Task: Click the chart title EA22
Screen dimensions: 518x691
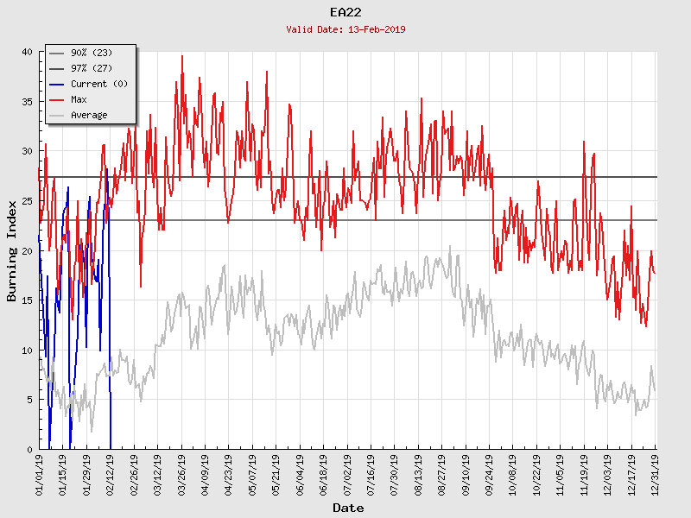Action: coord(345,12)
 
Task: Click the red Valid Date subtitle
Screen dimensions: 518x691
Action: coord(345,29)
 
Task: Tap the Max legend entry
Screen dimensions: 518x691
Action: coord(79,100)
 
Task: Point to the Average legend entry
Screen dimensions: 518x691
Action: coord(89,116)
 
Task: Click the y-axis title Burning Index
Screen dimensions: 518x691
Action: coord(12,250)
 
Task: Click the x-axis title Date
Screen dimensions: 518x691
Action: coord(348,509)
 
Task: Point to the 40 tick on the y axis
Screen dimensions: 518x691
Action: coord(27,52)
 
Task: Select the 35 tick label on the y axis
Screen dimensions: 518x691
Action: coord(27,102)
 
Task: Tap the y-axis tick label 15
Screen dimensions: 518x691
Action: coord(27,300)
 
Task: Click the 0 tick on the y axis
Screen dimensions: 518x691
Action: coord(29,450)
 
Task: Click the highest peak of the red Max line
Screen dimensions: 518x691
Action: coord(181,56)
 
